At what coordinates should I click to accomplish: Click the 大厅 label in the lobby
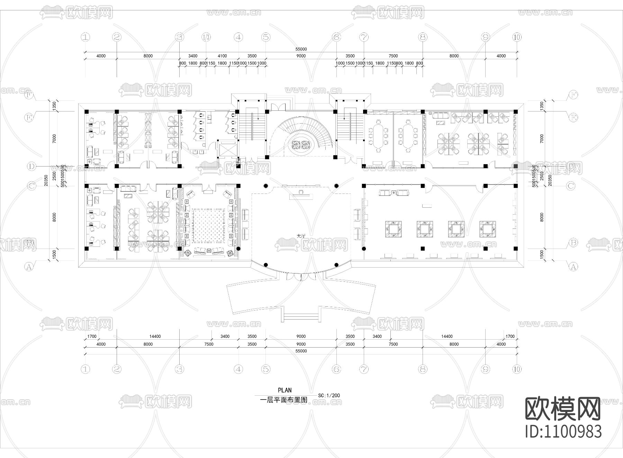pyautogui.click(x=301, y=235)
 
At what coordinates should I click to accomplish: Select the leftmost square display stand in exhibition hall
pyautogui.click(x=394, y=229)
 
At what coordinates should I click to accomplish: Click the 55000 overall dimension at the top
pyautogui.click(x=301, y=49)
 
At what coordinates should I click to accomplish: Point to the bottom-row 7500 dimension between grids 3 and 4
pyautogui.click(x=209, y=344)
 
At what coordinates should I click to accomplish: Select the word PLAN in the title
pyautogui.click(x=285, y=390)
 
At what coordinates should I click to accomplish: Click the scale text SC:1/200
pyautogui.click(x=329, y=395)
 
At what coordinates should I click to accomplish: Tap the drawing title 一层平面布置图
pyautogui.click(x=283, y=400)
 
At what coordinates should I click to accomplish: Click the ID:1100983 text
pyautogui.click(x=563, y=431)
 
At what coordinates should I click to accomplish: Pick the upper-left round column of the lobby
pyautogui.click(x=265, y=186)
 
